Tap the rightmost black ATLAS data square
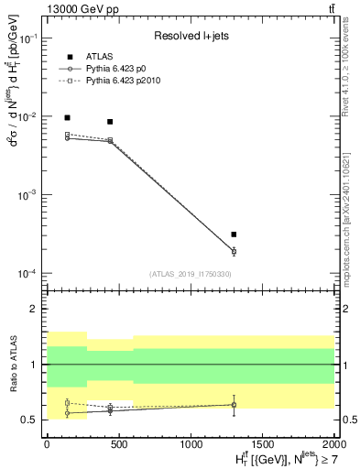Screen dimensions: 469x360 coord(234,234)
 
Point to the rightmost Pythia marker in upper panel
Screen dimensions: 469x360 coord(234,251)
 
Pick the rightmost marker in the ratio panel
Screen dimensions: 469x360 coord(234,404)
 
